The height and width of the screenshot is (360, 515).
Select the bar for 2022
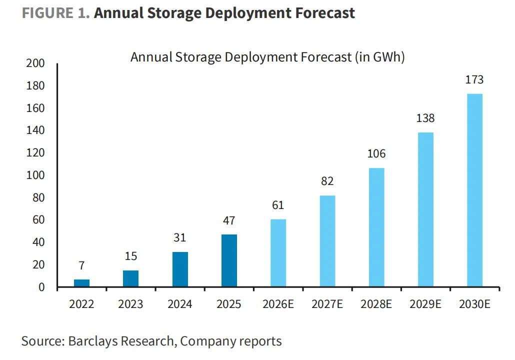point(81,283)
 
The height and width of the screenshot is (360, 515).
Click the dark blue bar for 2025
point(229,261)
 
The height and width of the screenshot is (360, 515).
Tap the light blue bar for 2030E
point(474,190)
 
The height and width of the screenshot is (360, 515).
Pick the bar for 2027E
point(327,241)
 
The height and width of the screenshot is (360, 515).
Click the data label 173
point(474,79)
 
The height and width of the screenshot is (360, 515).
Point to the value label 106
point(376,153)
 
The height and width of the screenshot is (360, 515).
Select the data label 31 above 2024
point(180,237)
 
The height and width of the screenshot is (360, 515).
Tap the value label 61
point(278,205)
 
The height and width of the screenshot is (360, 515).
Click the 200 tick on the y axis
point(37,63)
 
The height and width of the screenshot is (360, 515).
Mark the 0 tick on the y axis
point(41,287)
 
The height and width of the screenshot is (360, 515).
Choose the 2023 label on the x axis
point(130,304)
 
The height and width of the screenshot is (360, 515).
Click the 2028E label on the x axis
point(376,304)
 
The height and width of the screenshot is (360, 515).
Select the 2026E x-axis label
point(278,304)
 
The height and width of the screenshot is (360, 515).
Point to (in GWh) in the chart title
point(379,57)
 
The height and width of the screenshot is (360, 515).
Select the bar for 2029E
point(425,210)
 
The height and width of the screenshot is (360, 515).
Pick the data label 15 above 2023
point(130,256)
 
